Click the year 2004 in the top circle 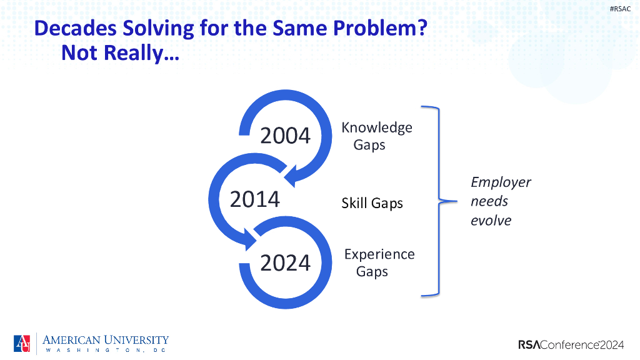pyautogui.click(x=285, y=136)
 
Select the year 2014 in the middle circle pyautogui.click(x=255, y=199)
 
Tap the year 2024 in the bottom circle pyautogui.click(x=285, y=263)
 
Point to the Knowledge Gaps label pyautogui.click(x=377, y=136)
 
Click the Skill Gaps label pyautogui.click(x=372, y=203)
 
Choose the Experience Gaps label pyautogui.click(x=379, y=263)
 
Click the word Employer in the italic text pyautogui.click(x=501, y=182)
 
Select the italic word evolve pyautogui.click(x=491, y=221)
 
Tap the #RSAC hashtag pyautogui.click(x=620, y=9)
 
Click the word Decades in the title pyautogui.click(x=76, y=28)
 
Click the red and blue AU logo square pyautogui.click(x=22, y=344)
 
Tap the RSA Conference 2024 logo pyautogui.click(x=571, y=345)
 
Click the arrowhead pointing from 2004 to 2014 pyautogui.click(x=291, y=176)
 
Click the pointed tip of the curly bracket pyautogui.click(x=456, y=201)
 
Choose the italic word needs pyautogui.click(x=489, y=201)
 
